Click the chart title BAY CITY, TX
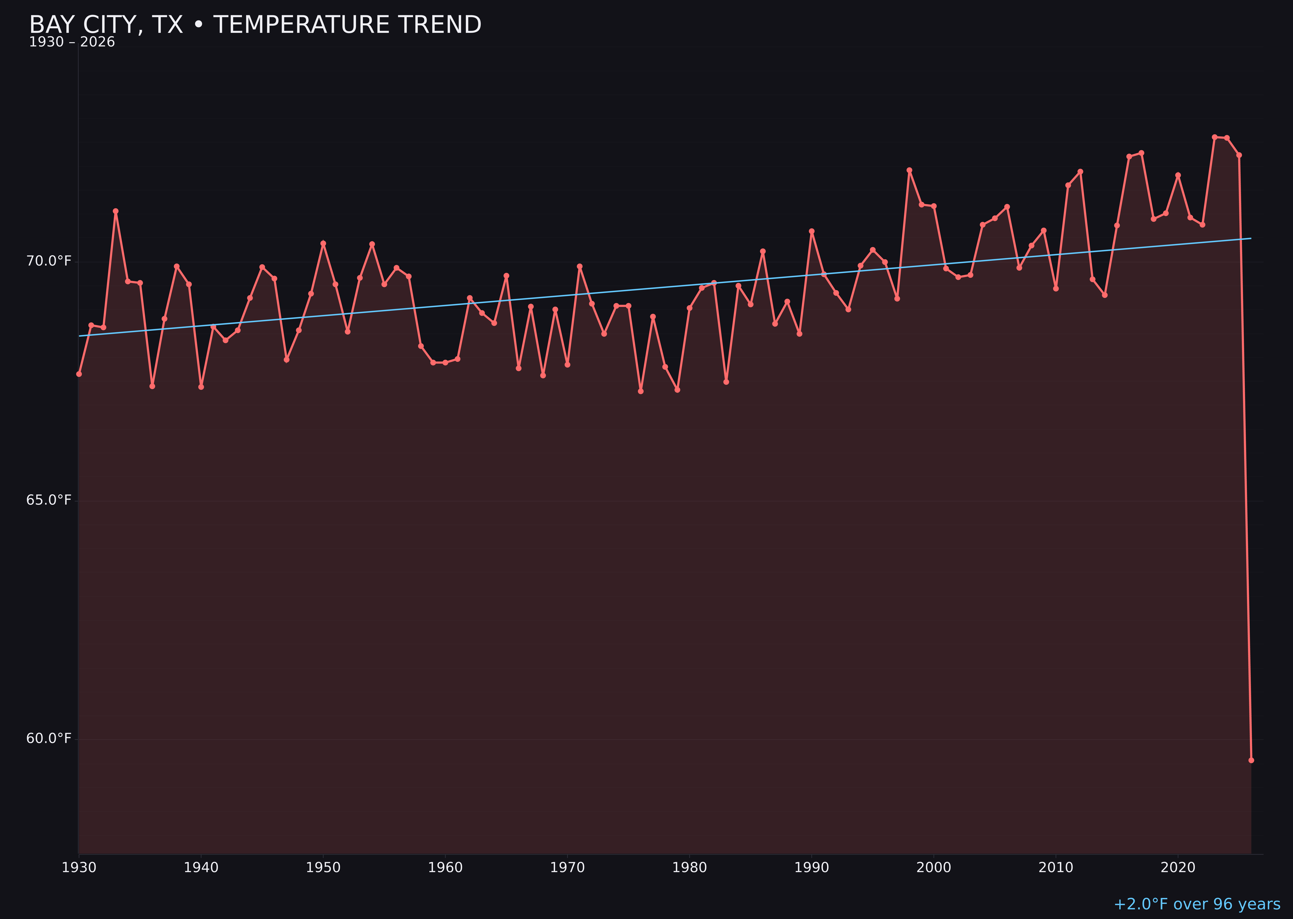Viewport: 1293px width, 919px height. pyautogui.click(x=255, y=25)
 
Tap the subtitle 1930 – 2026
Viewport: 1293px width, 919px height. pyautogui.click(x=72, y=42)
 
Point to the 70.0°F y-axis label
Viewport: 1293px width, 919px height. pyautogui.click(x=49, y=261)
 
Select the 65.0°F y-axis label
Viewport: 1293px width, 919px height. pyautogui.click(x=49, y=500)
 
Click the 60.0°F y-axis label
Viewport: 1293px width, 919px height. pyautogui.click(x=49, y=738)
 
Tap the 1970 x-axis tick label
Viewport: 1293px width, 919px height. pyautogui.click(x=567, y=868)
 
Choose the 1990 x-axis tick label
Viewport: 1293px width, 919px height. pyautogui.click(x=811, y=868)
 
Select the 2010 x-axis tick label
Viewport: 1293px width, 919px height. pyautogui.click(x=1056, y=868)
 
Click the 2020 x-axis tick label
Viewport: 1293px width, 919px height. pyautogui.click(x=1178, y=868)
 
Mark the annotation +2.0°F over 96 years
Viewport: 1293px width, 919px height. pyautogui.click(x=1197, y=904)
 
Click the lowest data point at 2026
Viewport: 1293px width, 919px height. pyautogui.click(x=1251, y=760)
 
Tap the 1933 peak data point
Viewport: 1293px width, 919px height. pyautogui.click(x=115, y=211)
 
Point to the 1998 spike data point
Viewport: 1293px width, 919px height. pyautogui.click(x=909, y=170)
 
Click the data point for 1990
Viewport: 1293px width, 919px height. pyautogui.click(x=811, y=231)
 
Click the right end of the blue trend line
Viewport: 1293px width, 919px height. pyautogui.click(x=1251, y=238)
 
